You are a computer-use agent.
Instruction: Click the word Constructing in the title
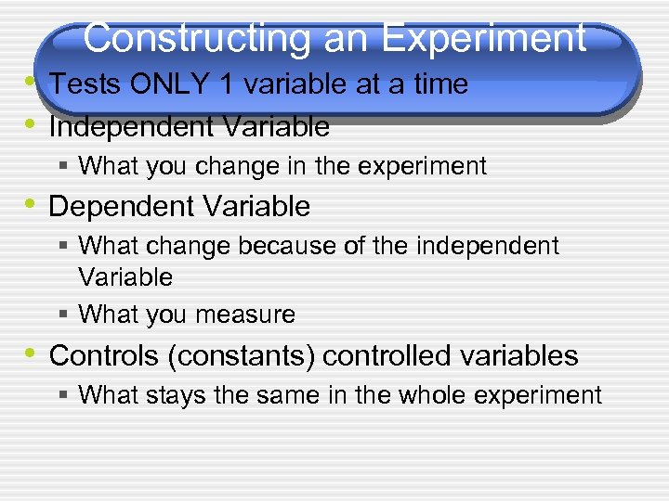click(196, 39)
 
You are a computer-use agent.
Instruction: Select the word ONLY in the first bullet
click(170, 84)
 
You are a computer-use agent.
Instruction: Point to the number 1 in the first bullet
click(225, 84)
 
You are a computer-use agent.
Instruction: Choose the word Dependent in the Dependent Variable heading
click(112, 206)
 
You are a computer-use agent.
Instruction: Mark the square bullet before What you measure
click(62, 315)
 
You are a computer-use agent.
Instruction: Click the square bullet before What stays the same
click(62, 394)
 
